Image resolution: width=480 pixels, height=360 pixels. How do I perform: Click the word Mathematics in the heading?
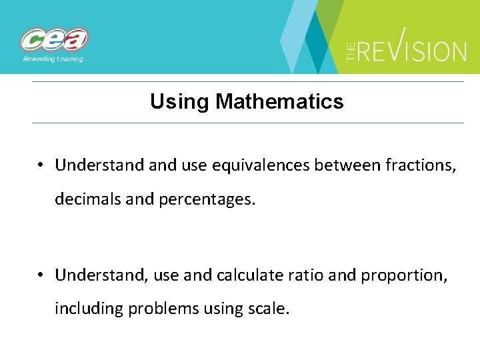(x=279, y=102)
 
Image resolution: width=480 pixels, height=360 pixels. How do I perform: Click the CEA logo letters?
(x=54, y=40)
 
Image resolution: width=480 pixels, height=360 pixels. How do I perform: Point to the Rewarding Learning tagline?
(x=53, y=59)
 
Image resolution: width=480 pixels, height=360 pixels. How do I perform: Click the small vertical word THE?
(x=351, y=51)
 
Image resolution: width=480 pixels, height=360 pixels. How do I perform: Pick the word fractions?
(x=421, y=165)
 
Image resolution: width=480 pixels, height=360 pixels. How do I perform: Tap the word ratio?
(x=309, y=275)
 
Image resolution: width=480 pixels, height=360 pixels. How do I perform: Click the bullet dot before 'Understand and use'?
(x=41, y=165)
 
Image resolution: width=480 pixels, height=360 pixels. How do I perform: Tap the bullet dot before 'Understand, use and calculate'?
(x=41, y=275)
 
